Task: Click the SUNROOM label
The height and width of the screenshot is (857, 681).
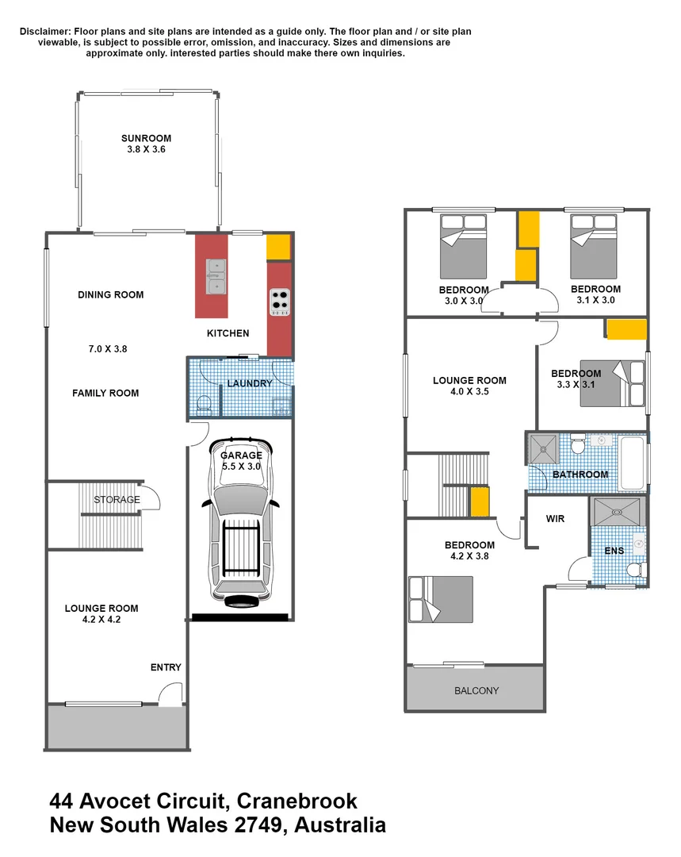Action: [147, 138]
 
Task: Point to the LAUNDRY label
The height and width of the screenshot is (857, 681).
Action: [249, 383]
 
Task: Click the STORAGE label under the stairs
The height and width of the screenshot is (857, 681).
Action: [117, 500]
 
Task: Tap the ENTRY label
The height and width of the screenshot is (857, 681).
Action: [166, 667]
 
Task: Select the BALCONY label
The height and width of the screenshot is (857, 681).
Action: [476, 690]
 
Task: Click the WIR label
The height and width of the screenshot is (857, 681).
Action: [556, 519]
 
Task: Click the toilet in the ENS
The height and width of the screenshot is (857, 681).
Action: [634, 569]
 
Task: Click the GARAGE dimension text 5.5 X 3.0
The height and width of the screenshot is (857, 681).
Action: [241, 468]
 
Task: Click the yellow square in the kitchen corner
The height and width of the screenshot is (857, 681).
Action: [278, 248]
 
